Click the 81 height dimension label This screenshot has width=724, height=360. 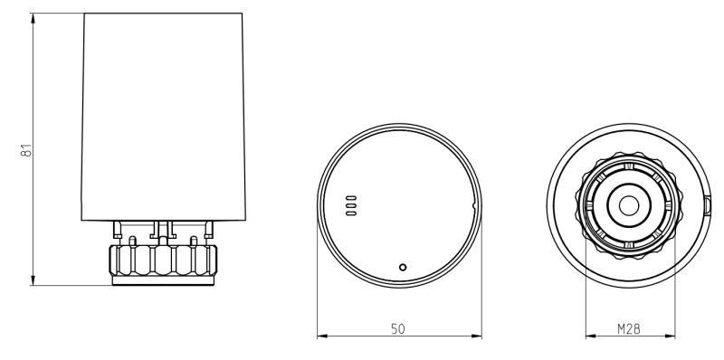point(27,150)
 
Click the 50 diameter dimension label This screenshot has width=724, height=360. point(398,329)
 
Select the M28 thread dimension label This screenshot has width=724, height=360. point(629,329)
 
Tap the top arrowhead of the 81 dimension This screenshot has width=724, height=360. point(33,18)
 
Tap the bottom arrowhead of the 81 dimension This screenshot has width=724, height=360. point(33,280)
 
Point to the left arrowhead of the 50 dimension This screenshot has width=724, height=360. point(322,336)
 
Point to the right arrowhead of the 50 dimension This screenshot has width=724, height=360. point(476,336)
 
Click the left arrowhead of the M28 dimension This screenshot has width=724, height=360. point(591,336)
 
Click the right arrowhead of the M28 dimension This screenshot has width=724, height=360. point(670,336)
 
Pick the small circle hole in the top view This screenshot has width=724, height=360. point(403,267)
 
